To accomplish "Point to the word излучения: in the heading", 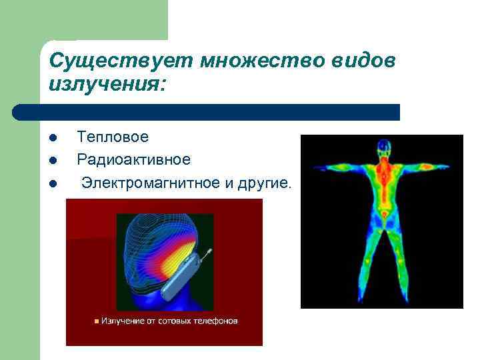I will point(108,85).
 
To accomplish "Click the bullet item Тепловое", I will point(113,137).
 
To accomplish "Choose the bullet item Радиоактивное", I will point(133,159).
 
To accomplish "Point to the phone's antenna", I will point(207,254).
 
